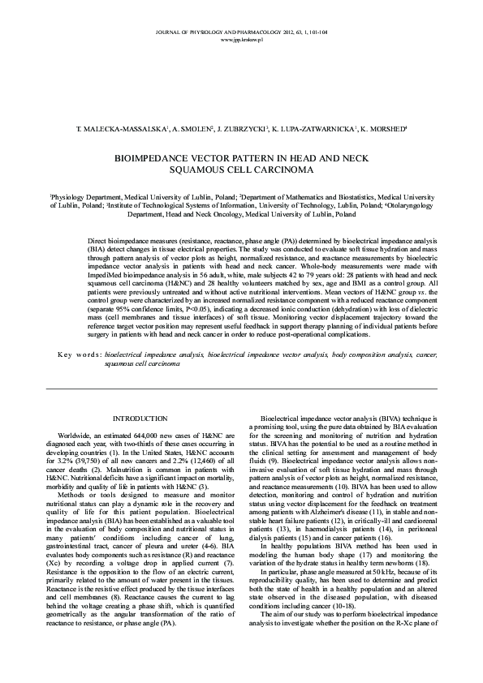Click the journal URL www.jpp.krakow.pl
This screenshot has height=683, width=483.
[241, 39]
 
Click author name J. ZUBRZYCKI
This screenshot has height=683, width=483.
[244, 129]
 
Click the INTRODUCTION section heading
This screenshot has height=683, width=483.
[134, 419]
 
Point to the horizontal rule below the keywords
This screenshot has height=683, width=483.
[241, 390]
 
